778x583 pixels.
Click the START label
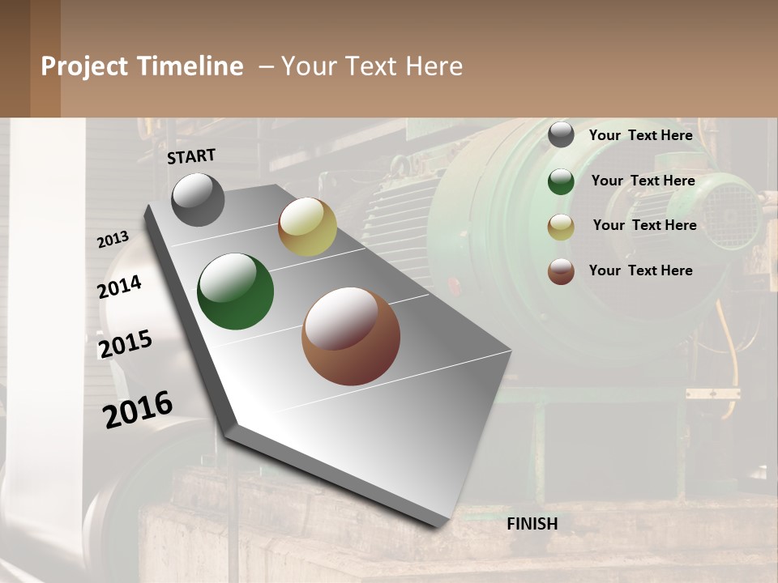coord(191,156)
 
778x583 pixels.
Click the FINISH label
coord(532,524)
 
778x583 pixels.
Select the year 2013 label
coord(113,240)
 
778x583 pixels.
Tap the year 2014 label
coord(119,287)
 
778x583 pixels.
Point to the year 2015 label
coord(126,344)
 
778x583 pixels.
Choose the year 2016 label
coord(138,409)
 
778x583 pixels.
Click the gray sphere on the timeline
coord(198,199)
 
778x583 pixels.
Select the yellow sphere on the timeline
coord(307,228)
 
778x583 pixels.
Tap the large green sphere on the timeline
coord(235,291)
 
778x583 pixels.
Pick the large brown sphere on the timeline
coord(351,336)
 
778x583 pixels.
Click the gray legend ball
coord(561,135)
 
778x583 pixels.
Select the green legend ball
coord(561,181)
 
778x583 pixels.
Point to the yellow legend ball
coord(561,227)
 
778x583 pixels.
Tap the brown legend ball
coord(561,271)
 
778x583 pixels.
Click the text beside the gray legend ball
coord(640,135)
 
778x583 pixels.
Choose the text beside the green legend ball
coord(643,181)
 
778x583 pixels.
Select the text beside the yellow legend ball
coord(644,225)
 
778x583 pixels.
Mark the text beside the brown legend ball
coord(640,270)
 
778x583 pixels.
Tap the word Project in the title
coord(84,66)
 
